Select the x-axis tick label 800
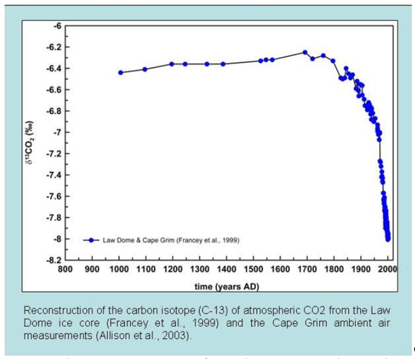tap(65, 269)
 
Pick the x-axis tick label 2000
tap(387, 269)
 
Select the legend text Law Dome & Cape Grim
tap(171, 240)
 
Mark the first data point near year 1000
tap(121, 72)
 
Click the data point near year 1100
tap(145, 69)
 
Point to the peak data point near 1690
tap(305, 52)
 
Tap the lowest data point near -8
tap(388, 238)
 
